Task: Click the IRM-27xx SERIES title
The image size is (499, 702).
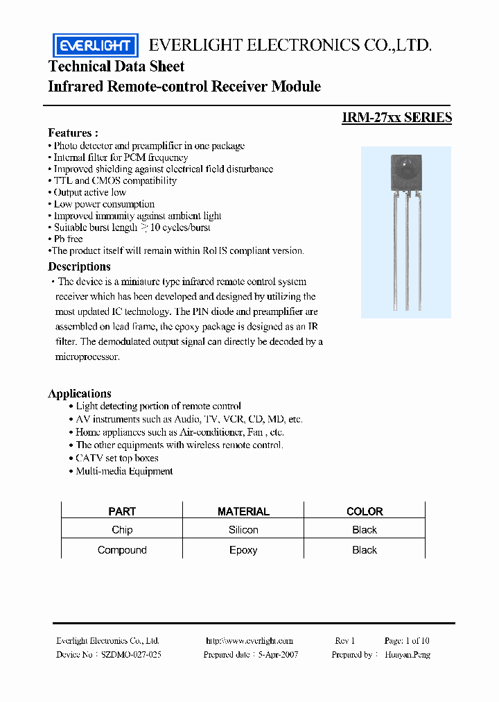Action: pos(396,117)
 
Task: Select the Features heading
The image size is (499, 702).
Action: pos(73,132)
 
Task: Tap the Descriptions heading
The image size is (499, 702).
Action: pos(79,266)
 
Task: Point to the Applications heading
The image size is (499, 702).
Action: pos(80,393)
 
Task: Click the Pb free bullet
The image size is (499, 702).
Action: pos(68,239)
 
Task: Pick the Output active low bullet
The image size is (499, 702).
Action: pos(89,192)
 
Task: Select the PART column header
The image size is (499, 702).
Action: pos(122,511)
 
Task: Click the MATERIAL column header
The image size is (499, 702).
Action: pos(243,511)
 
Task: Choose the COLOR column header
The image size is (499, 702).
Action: pos(365,511)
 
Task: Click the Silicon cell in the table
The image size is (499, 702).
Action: pos(243,530)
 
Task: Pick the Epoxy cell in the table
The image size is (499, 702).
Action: pos(243,550)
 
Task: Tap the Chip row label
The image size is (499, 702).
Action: pos(122,530)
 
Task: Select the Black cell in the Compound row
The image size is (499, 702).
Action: pos(365,550)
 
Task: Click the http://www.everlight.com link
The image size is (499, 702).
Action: pos(249,641)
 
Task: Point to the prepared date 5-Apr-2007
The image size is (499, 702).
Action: pos(278,655)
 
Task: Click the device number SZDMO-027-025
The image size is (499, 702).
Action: pos(132,655)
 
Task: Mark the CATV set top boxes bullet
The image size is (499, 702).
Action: pos(116,459)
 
